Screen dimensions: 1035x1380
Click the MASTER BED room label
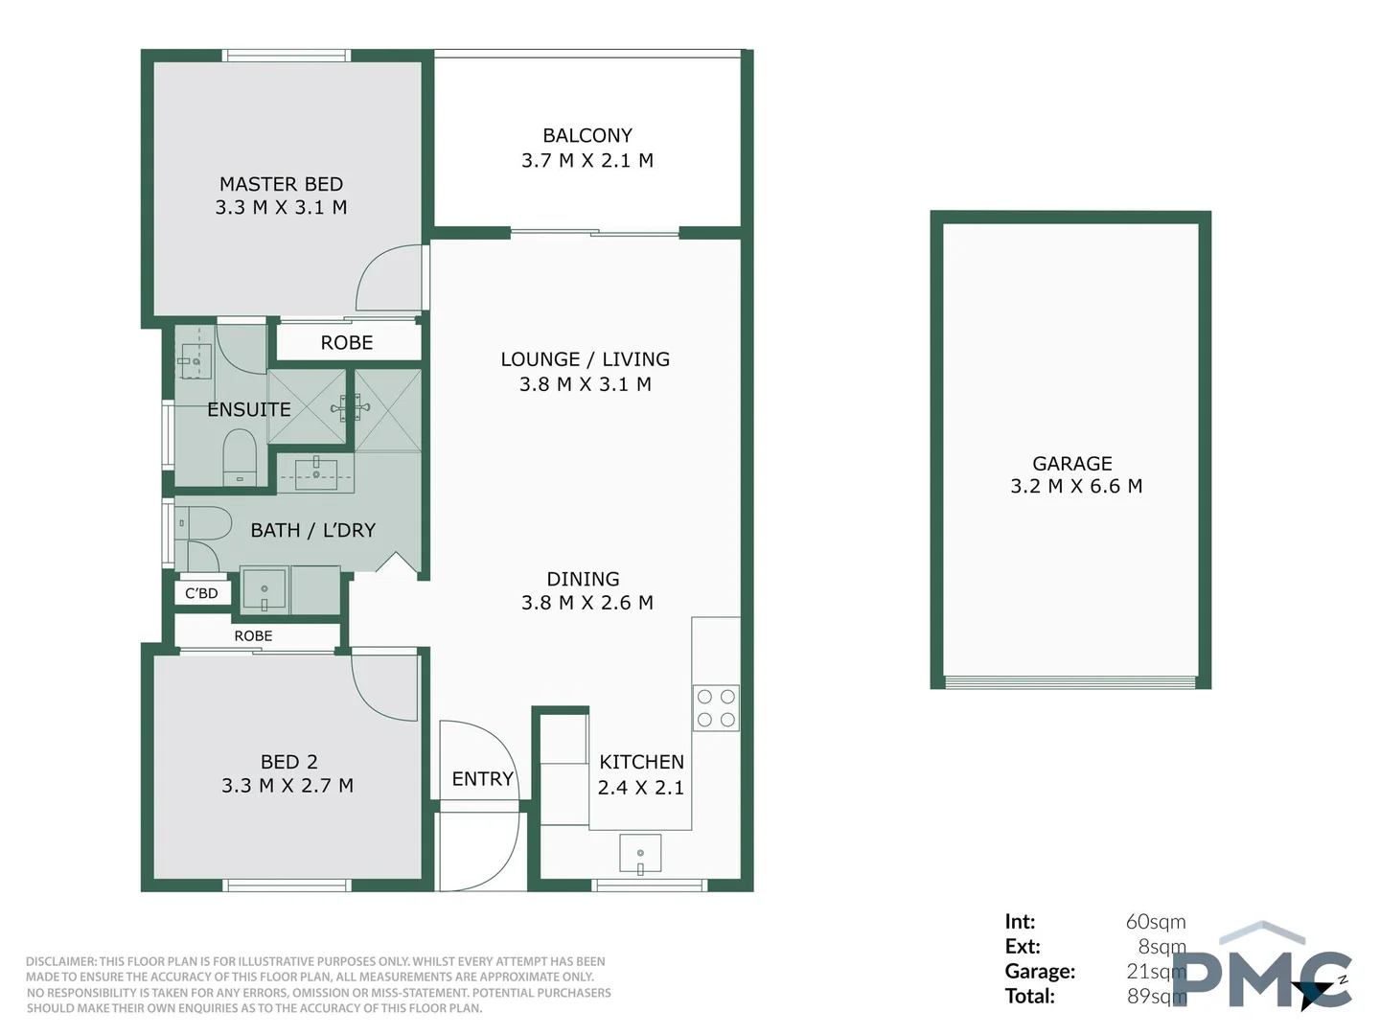(281, 184)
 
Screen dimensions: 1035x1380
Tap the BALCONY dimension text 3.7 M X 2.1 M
(586, 161)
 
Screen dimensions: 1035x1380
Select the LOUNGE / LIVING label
(585, 359)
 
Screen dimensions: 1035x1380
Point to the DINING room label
(583, 579)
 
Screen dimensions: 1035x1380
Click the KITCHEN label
(641, 762)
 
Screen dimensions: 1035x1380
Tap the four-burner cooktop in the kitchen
(716, 708)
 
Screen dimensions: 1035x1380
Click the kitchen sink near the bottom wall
(640, 854)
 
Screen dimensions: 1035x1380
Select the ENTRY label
(482, 779)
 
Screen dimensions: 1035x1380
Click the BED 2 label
(288, 762)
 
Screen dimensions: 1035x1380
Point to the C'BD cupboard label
(201, 593)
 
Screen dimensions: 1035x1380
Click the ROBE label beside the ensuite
(347, 343)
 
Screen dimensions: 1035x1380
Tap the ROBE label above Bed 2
(253, 636)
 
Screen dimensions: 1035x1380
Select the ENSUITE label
(248, 409)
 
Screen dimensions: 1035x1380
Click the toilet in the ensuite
(240, 458)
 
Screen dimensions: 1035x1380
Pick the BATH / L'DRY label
(312, 530)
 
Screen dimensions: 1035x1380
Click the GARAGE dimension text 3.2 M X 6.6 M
(1075, 487)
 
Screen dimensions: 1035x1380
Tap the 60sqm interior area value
(1155, 922)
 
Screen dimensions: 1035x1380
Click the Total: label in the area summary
(1029, 997)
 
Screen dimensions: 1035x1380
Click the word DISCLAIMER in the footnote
(61, 961)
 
